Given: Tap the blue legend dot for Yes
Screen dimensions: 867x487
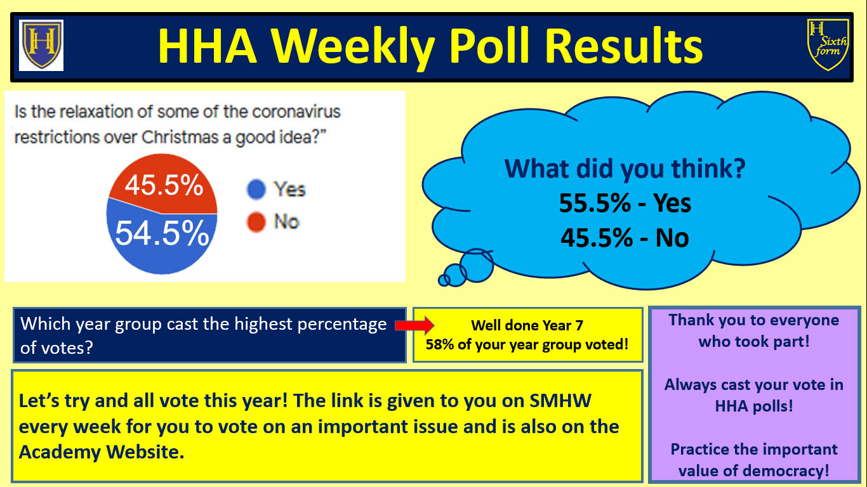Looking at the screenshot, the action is (x=256, y=190).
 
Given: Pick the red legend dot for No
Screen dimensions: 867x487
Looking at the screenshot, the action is (x=256, y=222).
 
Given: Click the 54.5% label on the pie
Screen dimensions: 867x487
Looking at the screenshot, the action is (x=162, y=233).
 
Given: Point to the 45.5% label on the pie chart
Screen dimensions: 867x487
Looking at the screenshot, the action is (x=164, y=185).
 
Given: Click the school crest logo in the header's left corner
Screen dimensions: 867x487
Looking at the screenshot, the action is (x=41, y=45).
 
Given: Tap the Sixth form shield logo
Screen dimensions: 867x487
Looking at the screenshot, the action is (x=828, y=45).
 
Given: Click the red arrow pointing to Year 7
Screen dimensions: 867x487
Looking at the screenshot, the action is (x=414, y=325).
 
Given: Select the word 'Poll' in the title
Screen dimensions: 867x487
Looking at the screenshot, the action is (x=489, y=46).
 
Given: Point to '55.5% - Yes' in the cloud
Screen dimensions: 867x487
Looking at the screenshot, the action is (x=625, y=203).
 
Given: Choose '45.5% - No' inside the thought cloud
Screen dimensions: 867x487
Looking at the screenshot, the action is (x=625, y=238).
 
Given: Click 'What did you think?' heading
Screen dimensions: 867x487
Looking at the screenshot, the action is (x=625, y=169).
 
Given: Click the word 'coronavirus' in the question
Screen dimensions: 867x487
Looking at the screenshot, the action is (x=296, y=112).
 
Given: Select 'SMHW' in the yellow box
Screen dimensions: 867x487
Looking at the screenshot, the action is (x=560, y=401).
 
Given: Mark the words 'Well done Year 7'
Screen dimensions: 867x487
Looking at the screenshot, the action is (x=527, y=325).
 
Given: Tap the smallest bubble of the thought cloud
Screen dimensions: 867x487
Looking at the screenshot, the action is (x=444, y=280).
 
